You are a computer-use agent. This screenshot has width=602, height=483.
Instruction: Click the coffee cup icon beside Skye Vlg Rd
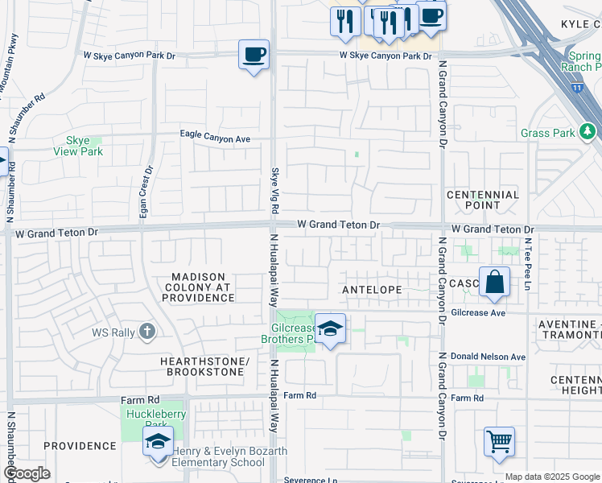[254, 55]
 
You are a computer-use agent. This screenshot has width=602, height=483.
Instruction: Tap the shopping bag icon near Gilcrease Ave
[494, 282]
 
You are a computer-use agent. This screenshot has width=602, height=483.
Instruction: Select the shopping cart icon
[499, 441]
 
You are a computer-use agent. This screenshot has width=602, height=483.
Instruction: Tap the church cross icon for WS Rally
[146, 330]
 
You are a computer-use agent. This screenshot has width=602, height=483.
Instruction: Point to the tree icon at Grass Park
[588, 130]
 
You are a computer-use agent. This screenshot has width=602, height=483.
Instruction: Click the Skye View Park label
[78, 146]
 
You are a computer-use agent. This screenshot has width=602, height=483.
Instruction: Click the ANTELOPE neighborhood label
[371, 288]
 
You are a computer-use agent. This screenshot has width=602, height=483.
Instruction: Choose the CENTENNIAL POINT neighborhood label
[483, 200]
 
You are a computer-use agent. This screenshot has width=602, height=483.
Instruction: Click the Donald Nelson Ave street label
[488, 357]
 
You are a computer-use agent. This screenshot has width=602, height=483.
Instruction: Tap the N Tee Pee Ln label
[529, 262]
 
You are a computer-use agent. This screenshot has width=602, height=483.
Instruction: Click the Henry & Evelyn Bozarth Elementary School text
[229, 456]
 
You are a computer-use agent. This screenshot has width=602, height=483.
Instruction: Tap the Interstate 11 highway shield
[576, 85]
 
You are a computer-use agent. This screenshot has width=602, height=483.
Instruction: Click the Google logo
[27, 473]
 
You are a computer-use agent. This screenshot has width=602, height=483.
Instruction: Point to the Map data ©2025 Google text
[552, 477]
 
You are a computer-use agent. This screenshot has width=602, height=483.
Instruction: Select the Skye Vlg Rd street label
[274, 188]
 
